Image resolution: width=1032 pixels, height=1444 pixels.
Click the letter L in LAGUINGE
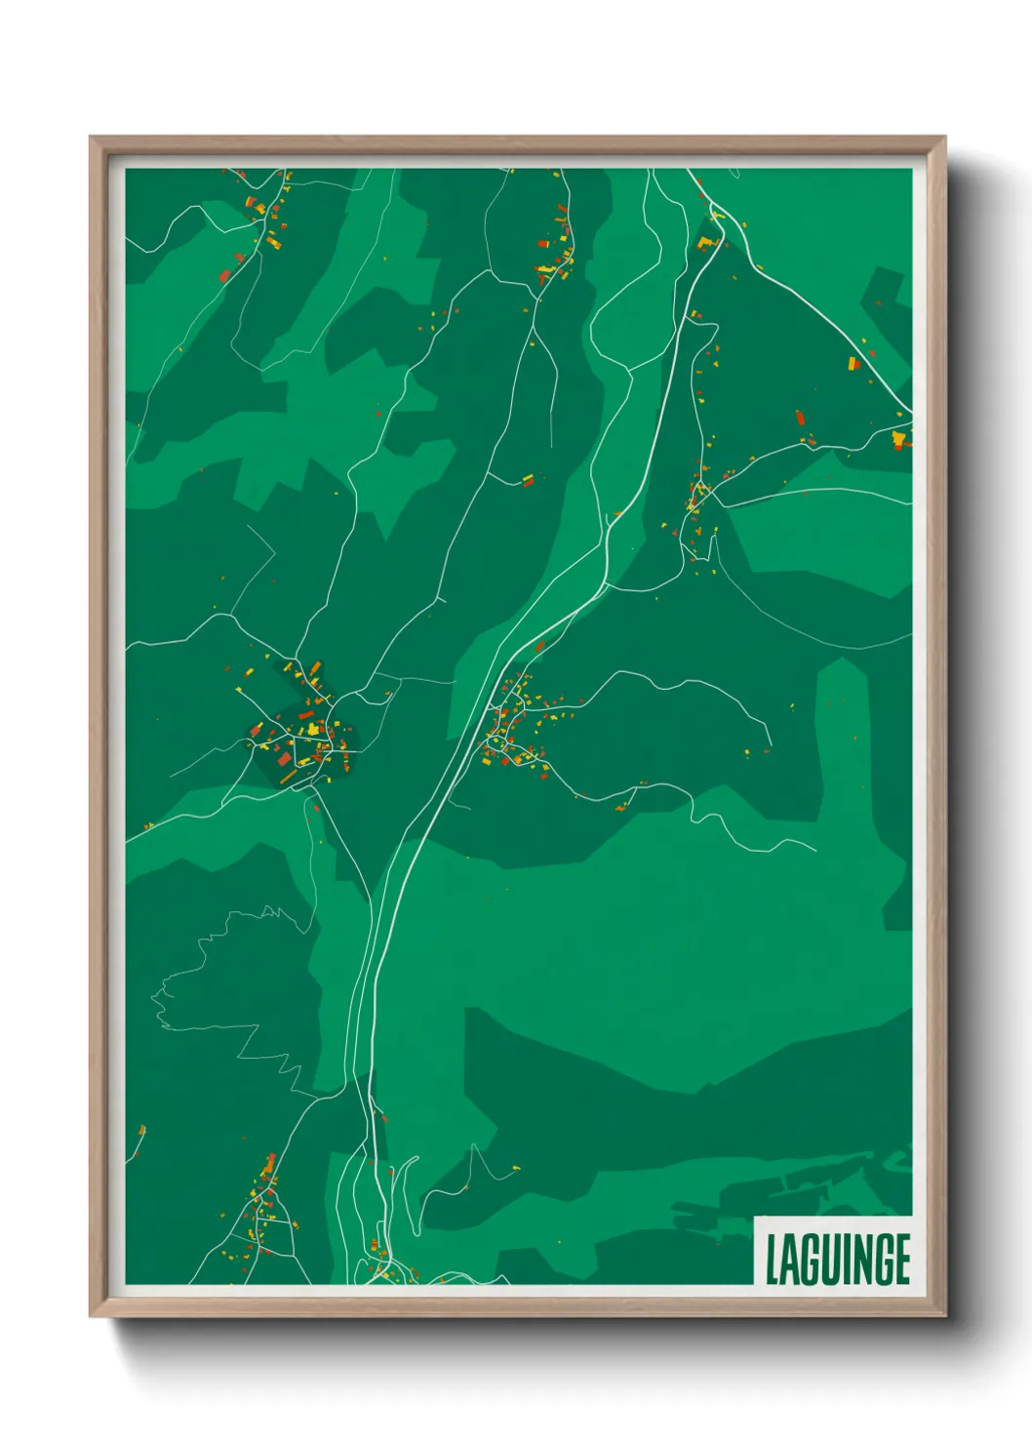click(774, 1260)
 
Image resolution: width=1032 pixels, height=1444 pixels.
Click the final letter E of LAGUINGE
click(902, 1260)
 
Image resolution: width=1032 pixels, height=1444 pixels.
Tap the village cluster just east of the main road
click(512, 727)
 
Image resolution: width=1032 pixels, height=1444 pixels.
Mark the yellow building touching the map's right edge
click(899, 439)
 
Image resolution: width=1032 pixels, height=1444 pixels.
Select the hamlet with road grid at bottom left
click(261, 1215)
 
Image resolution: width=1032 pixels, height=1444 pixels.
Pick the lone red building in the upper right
click(801, 418)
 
